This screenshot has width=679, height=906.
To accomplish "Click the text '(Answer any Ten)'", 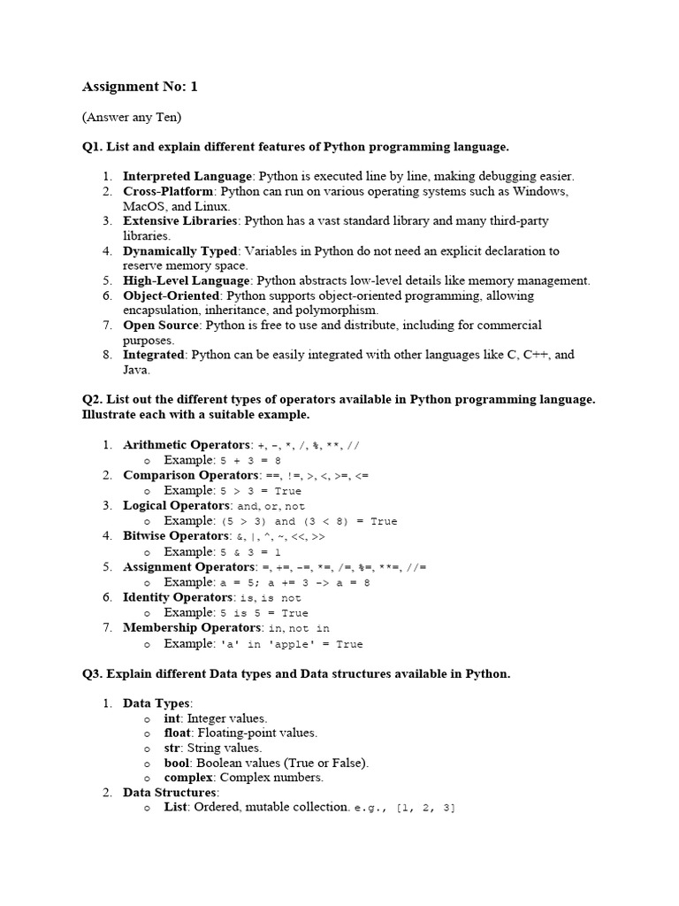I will (132, 117).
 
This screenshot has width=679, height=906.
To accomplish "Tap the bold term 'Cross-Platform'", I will (168, 191).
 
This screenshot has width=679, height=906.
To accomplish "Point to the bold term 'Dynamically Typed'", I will (180, 251).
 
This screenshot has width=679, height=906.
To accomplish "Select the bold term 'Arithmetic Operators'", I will (187, 444).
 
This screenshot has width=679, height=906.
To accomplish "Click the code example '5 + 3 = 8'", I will (250, 461).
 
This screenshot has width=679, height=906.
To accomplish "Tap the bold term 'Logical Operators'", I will (177, 505).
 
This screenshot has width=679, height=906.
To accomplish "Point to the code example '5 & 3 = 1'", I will (250, 552).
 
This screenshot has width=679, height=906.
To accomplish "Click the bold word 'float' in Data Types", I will (177, 733).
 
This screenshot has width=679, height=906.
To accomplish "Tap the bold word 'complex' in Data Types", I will (188, 778).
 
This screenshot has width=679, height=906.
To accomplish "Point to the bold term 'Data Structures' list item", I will (169, 793).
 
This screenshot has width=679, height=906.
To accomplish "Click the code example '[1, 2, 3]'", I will (427, 809).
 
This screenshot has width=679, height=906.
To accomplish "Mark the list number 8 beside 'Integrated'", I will (107, 355).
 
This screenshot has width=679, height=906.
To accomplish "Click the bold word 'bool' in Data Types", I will (177, 763).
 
